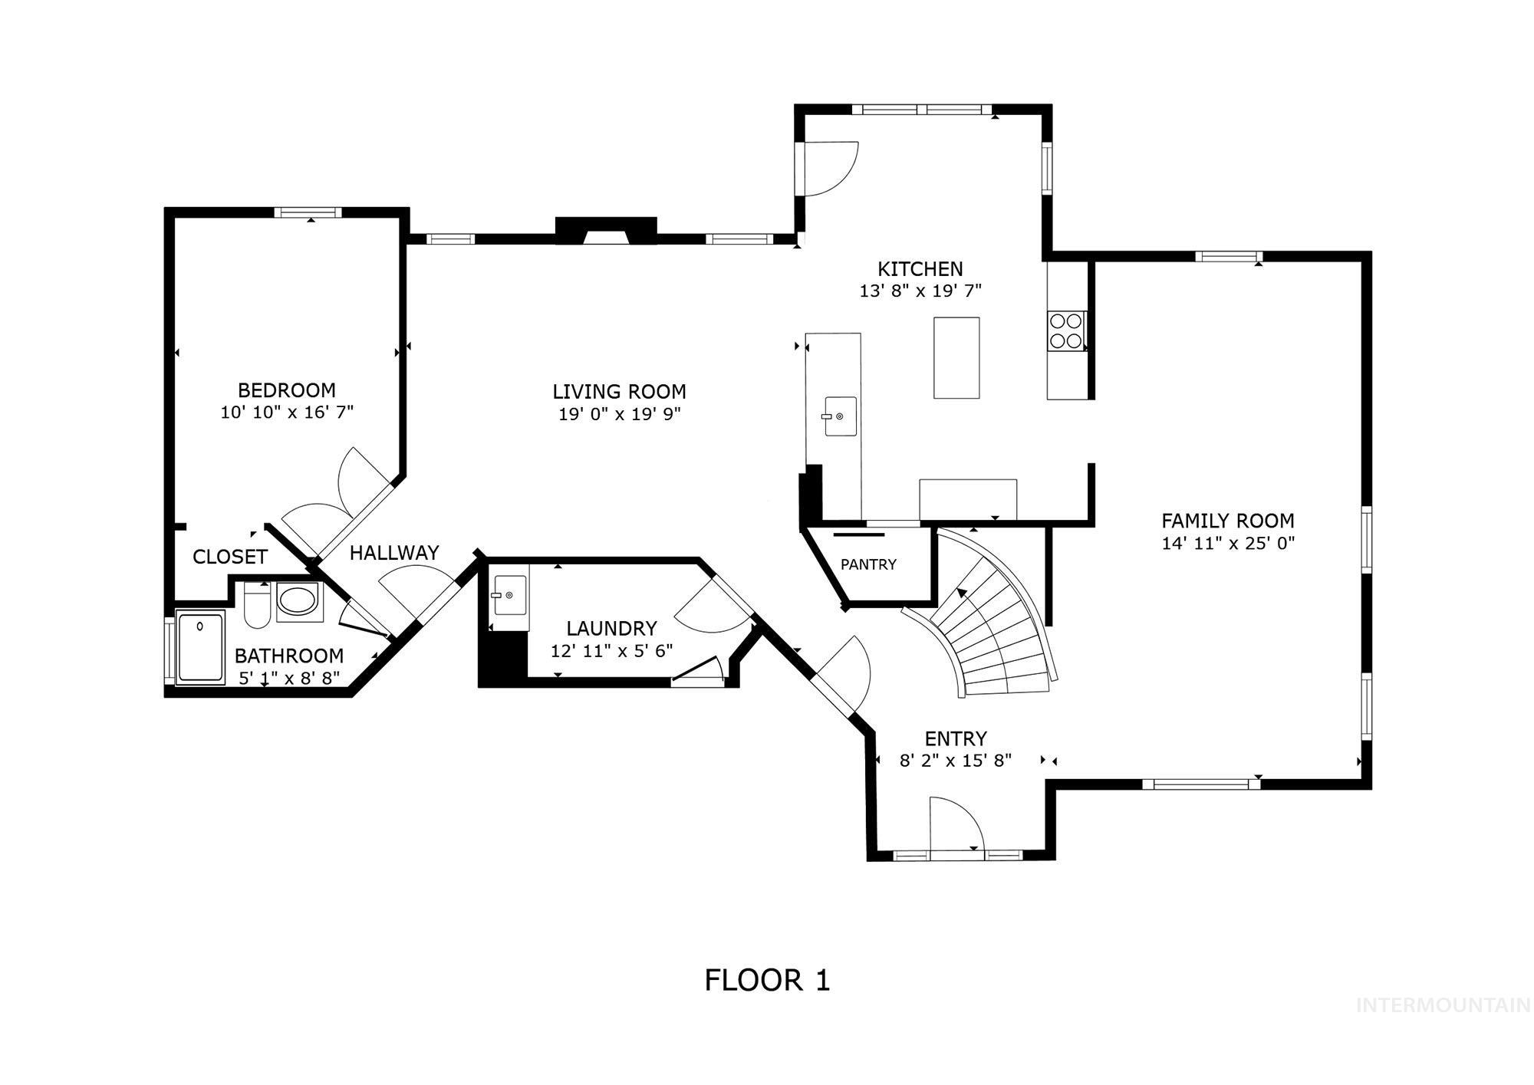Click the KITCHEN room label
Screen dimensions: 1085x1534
920,269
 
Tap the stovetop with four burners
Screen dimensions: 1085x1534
1066,331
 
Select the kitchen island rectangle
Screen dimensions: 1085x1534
956,357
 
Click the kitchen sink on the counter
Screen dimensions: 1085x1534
841,416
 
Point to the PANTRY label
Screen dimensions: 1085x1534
868,565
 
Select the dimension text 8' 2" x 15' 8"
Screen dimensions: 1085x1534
955,761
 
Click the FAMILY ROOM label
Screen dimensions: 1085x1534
1227,521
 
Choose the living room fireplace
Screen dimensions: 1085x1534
606,231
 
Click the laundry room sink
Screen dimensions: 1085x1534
509,596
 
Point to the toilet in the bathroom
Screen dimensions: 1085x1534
255,606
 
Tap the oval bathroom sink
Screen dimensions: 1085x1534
298,600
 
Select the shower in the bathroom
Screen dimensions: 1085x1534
200,646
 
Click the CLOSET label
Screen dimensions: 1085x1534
230,557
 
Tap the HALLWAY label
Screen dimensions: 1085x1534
394,553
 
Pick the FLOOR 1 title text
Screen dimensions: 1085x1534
767,980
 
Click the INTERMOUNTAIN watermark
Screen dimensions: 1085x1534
1443,1005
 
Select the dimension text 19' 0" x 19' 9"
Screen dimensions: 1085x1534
619,415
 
